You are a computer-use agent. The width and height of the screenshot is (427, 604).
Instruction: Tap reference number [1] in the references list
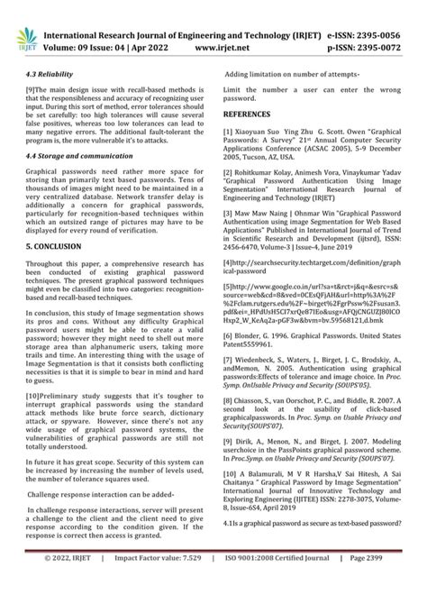coord(229,131)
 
